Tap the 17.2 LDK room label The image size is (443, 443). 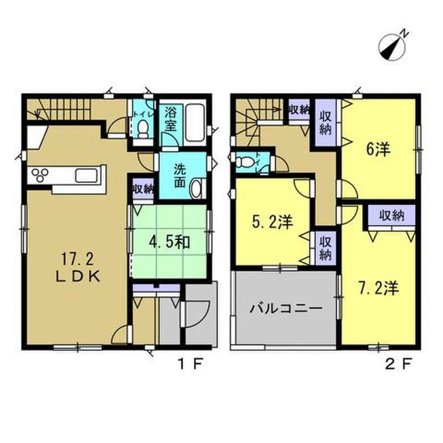[x=77, y=267]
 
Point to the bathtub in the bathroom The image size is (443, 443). [x=194, y=124]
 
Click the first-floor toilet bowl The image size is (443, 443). [x=143, y=129]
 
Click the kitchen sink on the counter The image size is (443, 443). [x=83, y=176]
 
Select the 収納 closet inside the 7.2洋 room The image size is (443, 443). [x=392, y=215]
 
